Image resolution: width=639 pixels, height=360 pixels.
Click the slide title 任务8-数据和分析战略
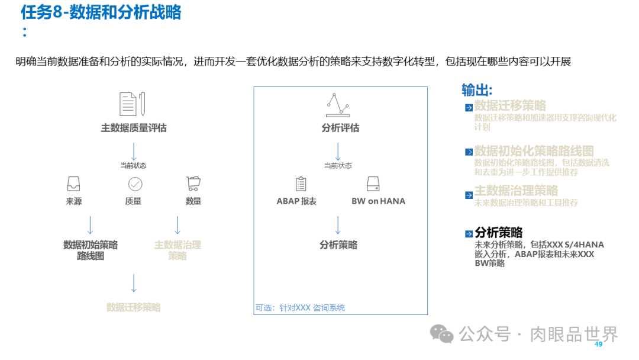click(x=101, y=13)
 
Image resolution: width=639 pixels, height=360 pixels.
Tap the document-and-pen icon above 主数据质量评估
click(x=133, y=104)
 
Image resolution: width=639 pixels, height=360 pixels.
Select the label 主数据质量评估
click(x=133, y=128)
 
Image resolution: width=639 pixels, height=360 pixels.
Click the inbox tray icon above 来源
click(x=74, y=184)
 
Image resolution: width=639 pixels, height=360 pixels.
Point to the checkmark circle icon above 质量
click(x=135, y=184)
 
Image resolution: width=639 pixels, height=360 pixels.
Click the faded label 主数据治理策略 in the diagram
click(x=177, y=250)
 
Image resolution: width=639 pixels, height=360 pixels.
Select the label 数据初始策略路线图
click(x=91, y=250)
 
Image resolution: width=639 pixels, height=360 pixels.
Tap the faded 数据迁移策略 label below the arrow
click(x=133, y=307)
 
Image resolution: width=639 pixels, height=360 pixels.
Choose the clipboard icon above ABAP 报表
click(x=301, y=184)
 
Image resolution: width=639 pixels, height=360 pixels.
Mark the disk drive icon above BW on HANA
click(x=373, y=184)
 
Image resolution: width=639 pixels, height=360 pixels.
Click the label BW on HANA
click(x=379, y=201)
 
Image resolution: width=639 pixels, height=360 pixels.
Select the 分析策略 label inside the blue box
click(x=338, y=245)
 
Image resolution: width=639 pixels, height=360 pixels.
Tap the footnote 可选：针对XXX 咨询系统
click(x=300, y=308)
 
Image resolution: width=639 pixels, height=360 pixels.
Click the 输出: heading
click(x=477, y=90)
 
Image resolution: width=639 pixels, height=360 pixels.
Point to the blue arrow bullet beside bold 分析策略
click(x=469, y=234)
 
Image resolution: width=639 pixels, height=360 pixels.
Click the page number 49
click(x=598, y=345)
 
